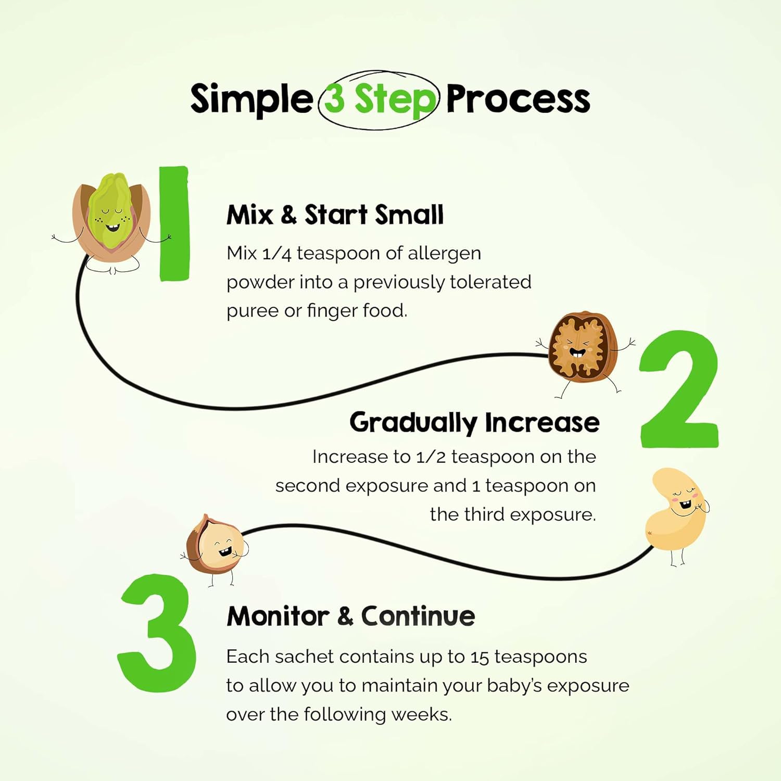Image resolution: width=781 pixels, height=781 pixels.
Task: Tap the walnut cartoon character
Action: [x=582, y=348]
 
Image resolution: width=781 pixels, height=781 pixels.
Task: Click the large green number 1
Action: [x=174, y=224]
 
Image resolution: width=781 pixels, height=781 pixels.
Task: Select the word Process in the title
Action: [x=518, y=99]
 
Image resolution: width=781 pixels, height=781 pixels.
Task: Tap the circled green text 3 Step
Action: [x=379, y=99]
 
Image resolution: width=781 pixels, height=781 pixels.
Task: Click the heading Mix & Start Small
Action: [x=335, y=215]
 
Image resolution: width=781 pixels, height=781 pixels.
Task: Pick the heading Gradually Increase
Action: [x=474, y=422]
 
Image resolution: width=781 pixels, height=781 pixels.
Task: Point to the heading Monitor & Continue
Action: [x=350, y=616]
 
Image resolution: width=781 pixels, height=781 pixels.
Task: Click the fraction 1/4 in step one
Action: [x=276, y=254]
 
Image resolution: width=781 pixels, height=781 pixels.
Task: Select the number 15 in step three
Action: [x=480, y=657]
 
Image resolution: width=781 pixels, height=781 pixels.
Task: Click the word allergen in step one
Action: [x=444, y=254]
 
